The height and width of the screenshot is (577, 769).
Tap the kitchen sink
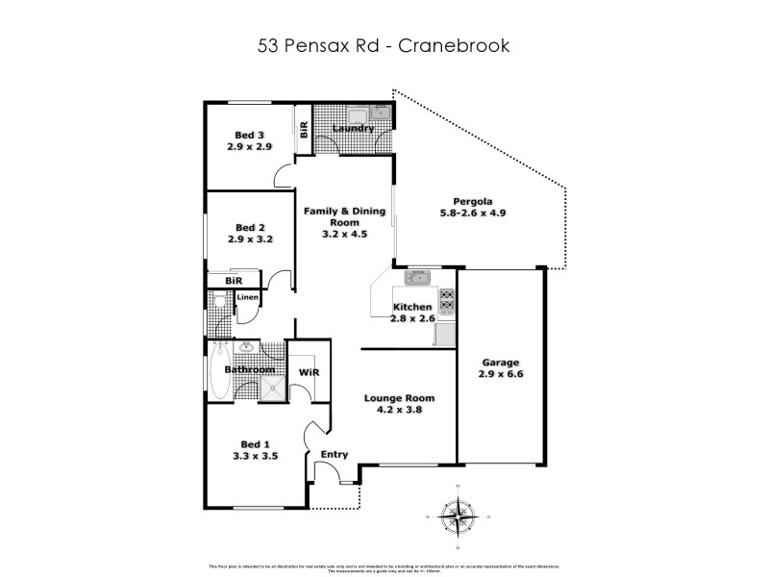[x=419, y=280]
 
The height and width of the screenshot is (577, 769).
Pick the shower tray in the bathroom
[x=273, y=387]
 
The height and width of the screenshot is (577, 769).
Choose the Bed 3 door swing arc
[x=283, y=176]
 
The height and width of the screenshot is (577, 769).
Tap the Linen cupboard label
[x=247, y=297]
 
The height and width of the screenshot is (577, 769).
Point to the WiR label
[x=309, y=371]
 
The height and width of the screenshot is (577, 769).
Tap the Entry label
[x=334, y=455]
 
